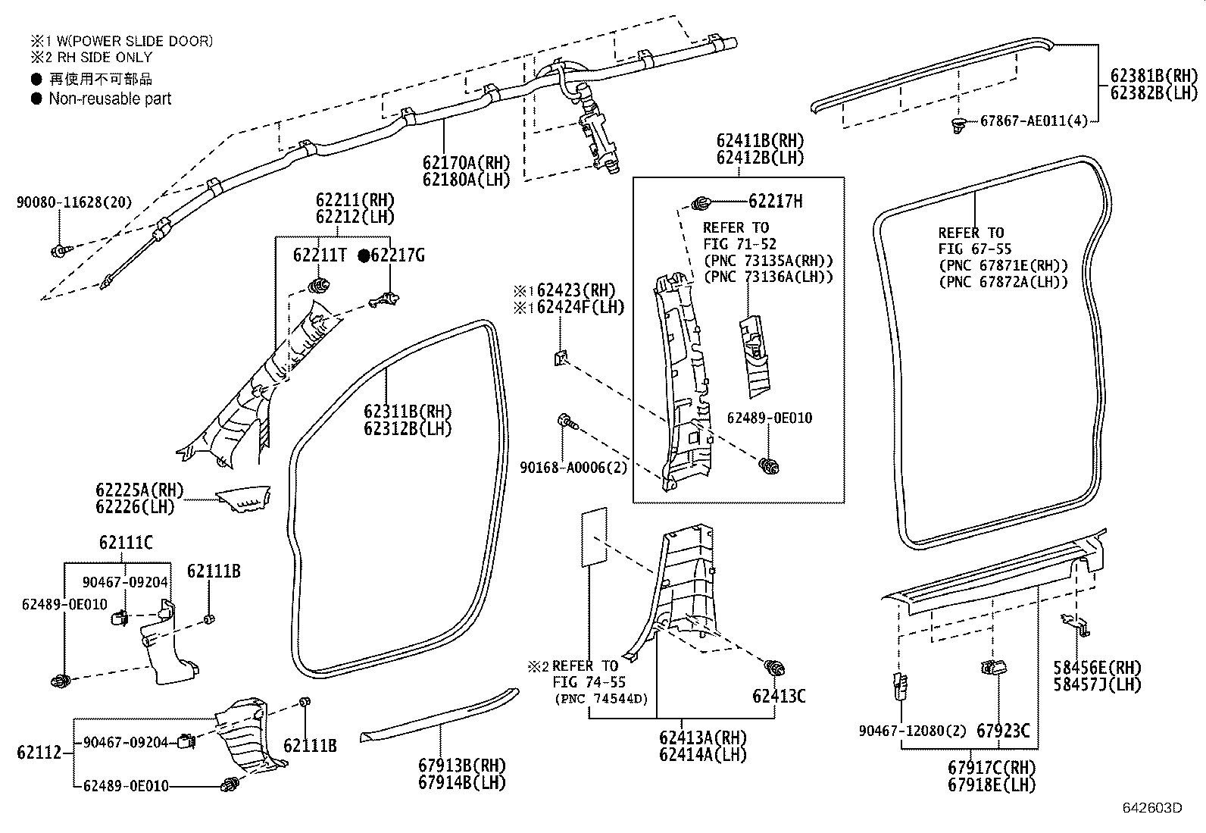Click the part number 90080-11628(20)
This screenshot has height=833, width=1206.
(x=73, y=202)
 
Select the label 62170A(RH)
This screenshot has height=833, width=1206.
(x=466, y=162)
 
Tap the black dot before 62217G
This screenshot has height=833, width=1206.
(x=364, y=256)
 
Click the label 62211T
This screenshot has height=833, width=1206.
(x=320, y=255)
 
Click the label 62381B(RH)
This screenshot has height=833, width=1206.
(x=1154, y=76)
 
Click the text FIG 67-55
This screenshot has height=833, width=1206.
(x=974, y=249)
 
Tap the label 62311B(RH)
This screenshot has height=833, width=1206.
(x=408, y=412)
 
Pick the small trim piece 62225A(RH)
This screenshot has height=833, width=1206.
(x=243, y=501)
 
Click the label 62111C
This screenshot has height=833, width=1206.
(x=125, y=543)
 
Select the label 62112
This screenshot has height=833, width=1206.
(x=37, y=753)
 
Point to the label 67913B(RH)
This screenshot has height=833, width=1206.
(x=461, y=766)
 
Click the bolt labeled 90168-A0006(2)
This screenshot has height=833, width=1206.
(x=565, y=422)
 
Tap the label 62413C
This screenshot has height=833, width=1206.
(x=778, y=696)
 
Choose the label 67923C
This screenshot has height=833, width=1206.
(x=1002, y=731)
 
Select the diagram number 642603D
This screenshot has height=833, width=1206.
(x=1151, y=807)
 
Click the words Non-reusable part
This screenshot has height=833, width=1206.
(x=110, y=99)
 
